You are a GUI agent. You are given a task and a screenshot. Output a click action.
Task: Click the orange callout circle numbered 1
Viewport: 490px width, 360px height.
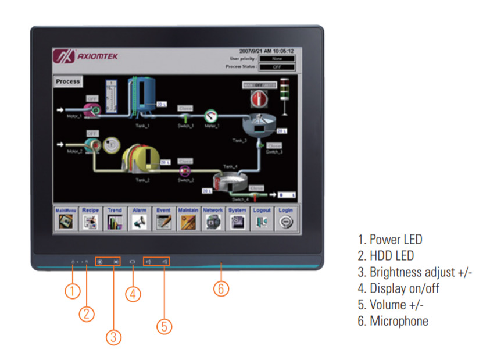coord(72,291)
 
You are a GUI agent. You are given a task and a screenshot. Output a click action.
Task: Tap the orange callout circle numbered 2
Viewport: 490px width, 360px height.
coord(87,313)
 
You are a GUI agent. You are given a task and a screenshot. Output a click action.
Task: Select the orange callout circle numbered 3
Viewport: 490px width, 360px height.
coord(113,337)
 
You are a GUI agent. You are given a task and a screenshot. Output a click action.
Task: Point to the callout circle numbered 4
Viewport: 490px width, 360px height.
coord(133,294)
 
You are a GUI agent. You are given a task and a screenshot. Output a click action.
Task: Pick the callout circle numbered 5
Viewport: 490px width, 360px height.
coord(164,326)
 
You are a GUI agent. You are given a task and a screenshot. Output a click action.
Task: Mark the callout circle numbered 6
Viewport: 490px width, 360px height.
coord(221,288)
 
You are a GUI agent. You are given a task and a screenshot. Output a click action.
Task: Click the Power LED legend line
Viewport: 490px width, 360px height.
coord(390,239)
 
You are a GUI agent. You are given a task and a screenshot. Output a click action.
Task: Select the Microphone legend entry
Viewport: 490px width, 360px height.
coord(393,320)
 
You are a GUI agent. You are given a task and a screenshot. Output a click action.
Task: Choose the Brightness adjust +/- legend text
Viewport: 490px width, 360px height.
coord(415,272)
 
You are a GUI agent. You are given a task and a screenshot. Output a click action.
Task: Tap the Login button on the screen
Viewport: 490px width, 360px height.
coord(285,219)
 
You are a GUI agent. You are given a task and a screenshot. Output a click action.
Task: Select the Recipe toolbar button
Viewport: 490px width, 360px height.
coord(90,219)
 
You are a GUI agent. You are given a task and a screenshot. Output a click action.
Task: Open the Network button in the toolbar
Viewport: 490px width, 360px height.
coord(213,219)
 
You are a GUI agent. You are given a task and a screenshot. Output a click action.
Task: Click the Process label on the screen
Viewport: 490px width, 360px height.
coord(68,82)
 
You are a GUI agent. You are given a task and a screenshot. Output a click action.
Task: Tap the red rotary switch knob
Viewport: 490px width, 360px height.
coord(257,99)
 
